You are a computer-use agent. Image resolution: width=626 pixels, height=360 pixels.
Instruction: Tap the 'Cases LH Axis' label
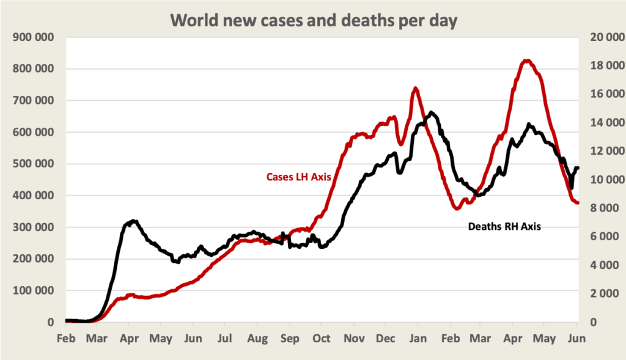point(299,177)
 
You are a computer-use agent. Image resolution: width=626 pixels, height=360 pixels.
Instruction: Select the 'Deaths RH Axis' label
point(504,226)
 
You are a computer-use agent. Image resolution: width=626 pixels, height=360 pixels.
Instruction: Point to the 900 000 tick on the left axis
point(34,37)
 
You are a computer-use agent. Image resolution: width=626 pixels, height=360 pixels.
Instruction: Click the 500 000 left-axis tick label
point(34,164)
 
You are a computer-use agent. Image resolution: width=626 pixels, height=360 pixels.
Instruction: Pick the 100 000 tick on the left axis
point(34,290)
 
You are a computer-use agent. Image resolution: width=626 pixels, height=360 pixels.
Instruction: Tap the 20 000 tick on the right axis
point(604,37)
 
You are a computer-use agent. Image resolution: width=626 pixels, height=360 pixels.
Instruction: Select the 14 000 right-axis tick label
point(604,123)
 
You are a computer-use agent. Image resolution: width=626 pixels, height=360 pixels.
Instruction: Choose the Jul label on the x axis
point(226,338)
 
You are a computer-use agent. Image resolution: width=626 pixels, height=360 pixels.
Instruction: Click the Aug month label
point(258,338)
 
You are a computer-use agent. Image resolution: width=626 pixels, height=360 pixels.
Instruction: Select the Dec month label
point(386,338)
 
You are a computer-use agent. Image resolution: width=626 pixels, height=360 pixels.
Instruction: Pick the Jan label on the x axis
point(418,338)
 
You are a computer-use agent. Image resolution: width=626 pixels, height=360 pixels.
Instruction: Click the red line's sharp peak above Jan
point(416,88)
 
